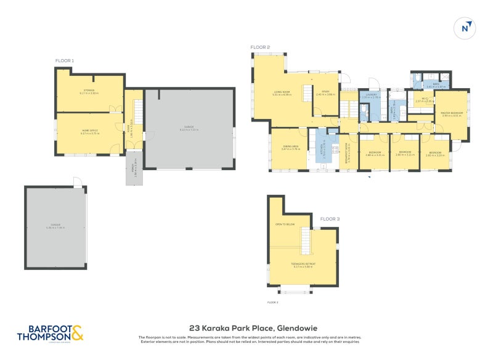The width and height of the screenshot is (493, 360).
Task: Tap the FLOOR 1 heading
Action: click(64, 60)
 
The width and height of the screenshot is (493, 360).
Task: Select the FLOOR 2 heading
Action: click(260, 47)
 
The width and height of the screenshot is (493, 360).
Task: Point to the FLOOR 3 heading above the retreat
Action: click(330, 218)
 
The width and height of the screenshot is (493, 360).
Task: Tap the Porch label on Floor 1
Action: click(134, 166)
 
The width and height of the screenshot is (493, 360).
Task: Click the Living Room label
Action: click(282, 92)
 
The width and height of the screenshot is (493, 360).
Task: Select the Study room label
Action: click(325, 92)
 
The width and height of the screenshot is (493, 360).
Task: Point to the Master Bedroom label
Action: click(452, 113)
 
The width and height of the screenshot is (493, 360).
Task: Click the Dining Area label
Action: click(290, 147)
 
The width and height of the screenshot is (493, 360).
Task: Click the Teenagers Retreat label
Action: click(303, 264)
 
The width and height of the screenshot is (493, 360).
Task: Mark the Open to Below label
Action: click(284, 224)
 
